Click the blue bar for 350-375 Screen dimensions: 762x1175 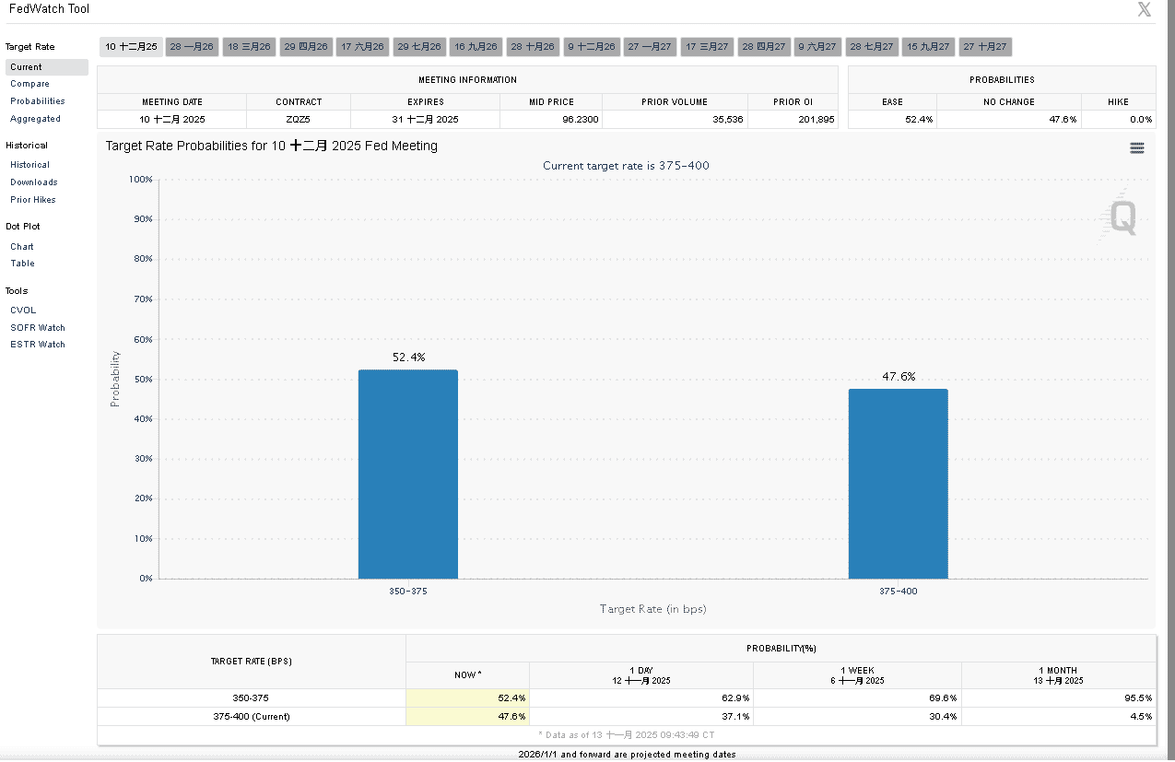pos(407,474)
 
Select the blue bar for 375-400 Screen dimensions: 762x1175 pos(898,484)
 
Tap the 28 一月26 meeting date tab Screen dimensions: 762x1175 pos(192,46)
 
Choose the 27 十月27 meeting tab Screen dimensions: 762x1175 pos(985,46)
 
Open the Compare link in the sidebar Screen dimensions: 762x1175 pos(29,84)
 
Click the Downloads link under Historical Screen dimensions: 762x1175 pos(34,182)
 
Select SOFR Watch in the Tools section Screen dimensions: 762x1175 pos(38,327)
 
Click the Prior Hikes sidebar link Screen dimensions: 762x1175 pos(33,200)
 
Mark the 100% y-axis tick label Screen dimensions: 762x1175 pos(141,179)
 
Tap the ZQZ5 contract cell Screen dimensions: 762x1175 pos(298,120)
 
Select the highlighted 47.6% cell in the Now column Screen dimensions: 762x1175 pos(511,716)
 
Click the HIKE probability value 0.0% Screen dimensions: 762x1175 pos(1140,120)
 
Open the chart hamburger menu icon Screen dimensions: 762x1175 pos(1136,147)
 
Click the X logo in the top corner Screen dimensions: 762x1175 pos(1144,10)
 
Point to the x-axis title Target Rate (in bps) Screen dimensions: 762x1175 pos(652,609)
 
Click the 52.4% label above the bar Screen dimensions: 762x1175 pos(408,358)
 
